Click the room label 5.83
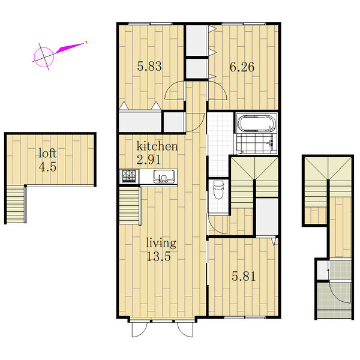click(149, 67)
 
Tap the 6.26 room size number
click(242, 67)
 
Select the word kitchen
click(157, 146)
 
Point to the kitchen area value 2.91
click(149, 160)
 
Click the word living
click(161, 244)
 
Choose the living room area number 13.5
click(158, 256)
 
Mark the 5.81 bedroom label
click(244, 276)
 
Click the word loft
click(47, 153)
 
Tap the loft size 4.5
click(47, 167)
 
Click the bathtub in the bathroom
click(256, 124)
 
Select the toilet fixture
click(218, 190)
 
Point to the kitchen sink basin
click(164, 177)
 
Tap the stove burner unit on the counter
click(129, 176)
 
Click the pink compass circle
click(44, 57)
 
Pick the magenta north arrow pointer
click(70, 48)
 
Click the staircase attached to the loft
click(16, 204)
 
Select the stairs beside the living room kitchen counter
click(129, 206)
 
